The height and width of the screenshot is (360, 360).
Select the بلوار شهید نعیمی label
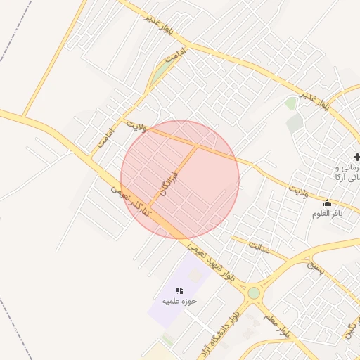coord(211,262)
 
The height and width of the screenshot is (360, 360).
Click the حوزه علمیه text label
coord(180,302)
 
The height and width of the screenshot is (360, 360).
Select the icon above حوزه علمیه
coord(180,290)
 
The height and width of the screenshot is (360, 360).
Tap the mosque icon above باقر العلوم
coord(327,202)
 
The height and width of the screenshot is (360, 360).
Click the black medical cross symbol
coord(356,156)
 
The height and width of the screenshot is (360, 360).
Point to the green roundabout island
coord(253,292)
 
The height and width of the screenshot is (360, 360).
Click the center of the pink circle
coord(180,180)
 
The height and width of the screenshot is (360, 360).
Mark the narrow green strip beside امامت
coord(161,72)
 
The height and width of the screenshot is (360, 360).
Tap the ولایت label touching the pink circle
coord(137,127)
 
